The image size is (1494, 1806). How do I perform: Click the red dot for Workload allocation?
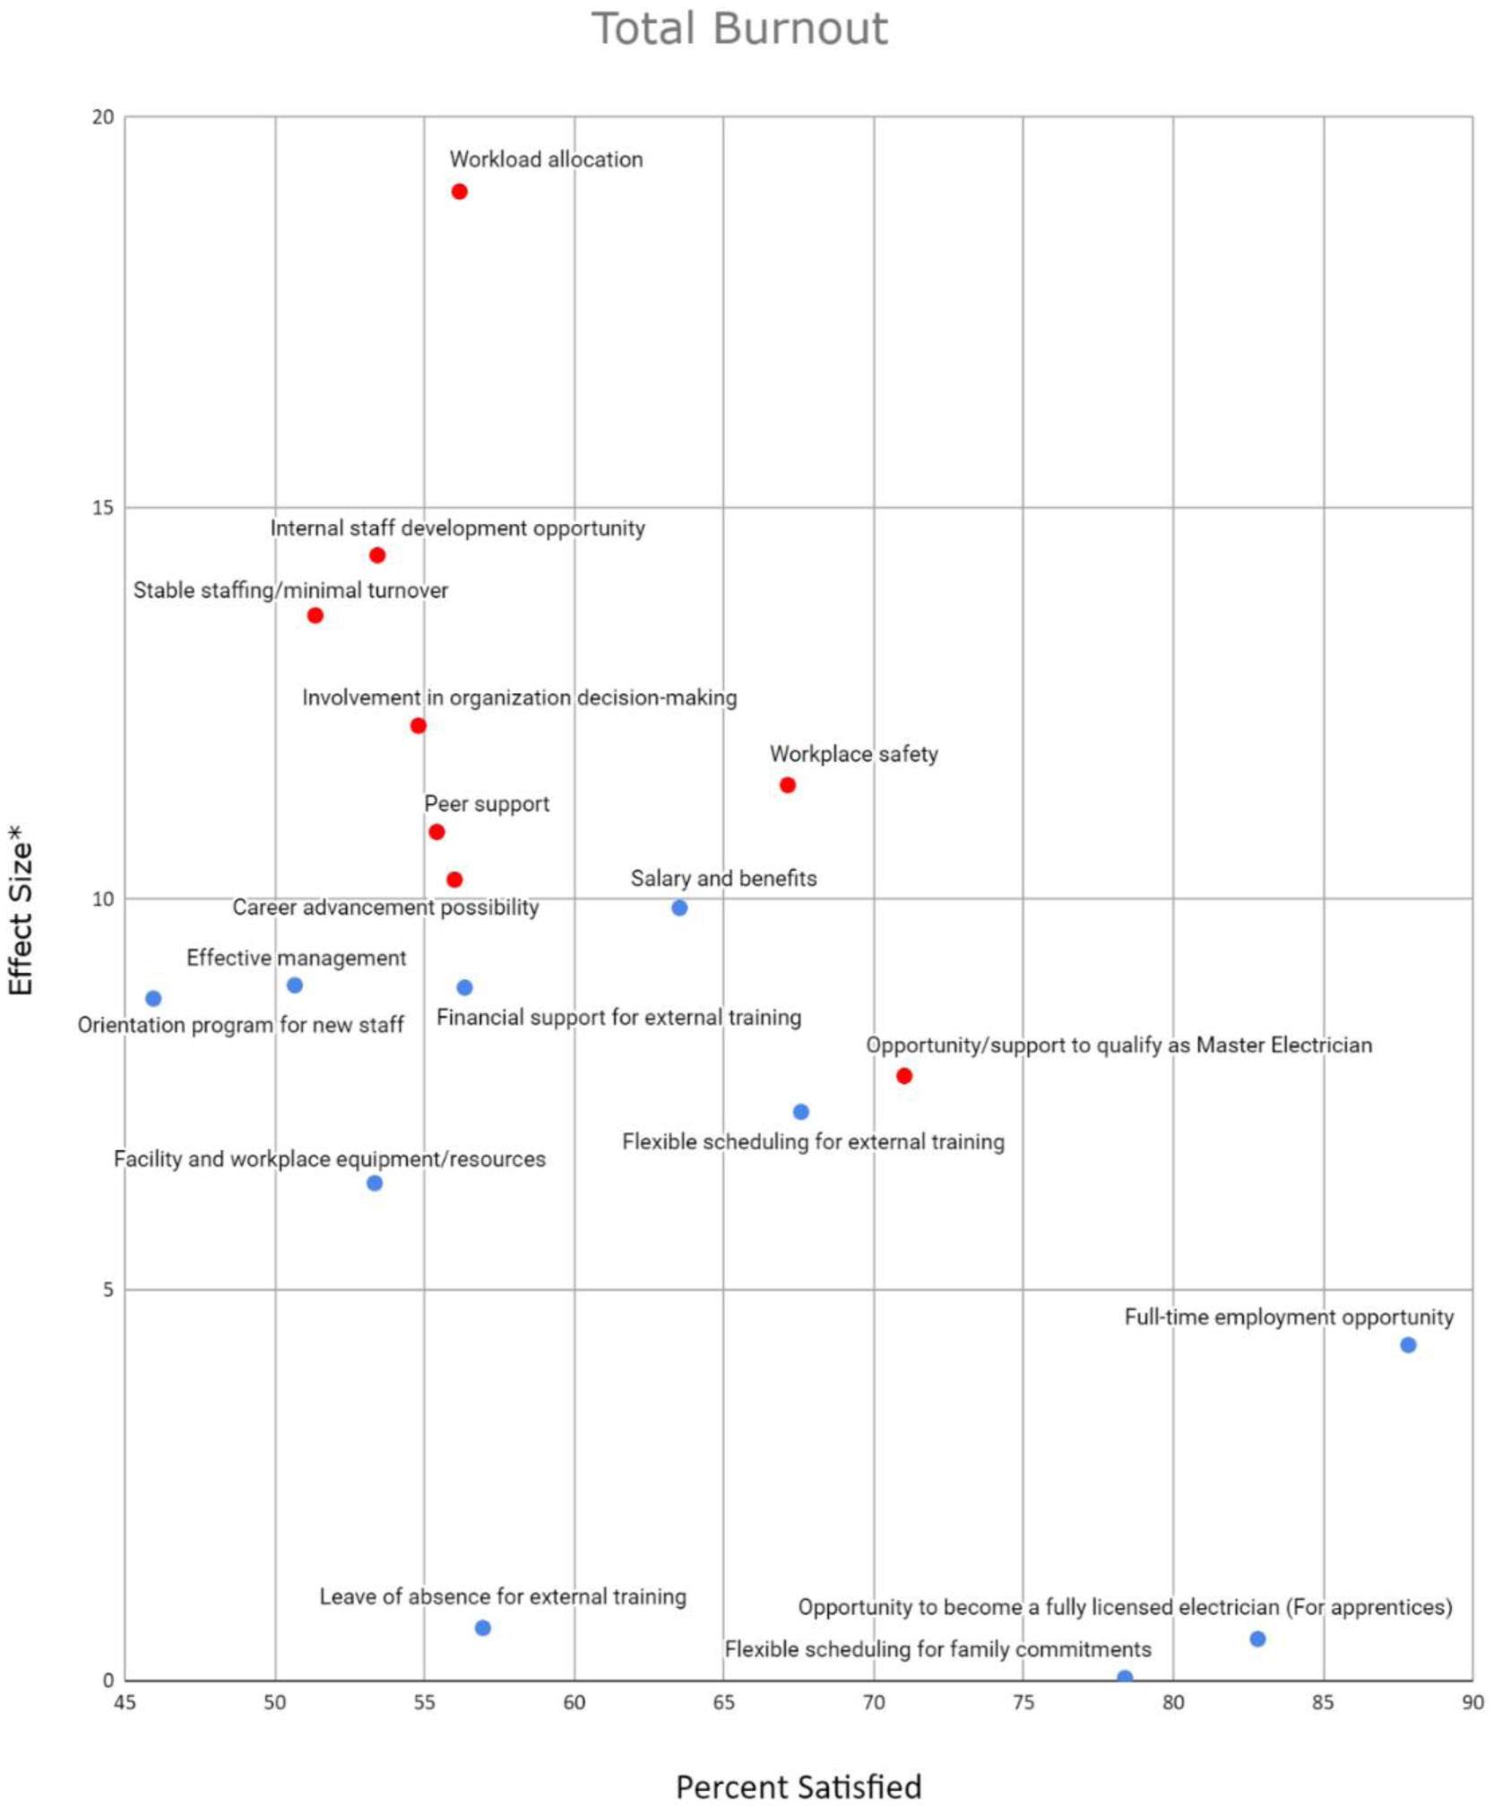point(459,192)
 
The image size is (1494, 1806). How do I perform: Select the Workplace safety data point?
point(787,785)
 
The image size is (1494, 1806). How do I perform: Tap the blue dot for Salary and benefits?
point(679,907)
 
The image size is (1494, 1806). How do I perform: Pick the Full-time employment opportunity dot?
point(1407,1345)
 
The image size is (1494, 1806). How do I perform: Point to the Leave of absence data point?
point(482,1628)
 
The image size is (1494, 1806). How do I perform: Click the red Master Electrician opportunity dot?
point(903,1075)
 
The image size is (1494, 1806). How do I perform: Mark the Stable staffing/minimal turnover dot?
point(315,615)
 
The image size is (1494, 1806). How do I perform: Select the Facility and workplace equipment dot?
point(375,1183)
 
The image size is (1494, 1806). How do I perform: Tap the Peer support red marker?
point(436,831)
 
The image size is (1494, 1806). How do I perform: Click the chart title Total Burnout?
point(739,29)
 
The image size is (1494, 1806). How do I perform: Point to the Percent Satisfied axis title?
point(798,1786)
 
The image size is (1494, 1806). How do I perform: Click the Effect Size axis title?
point(20,909)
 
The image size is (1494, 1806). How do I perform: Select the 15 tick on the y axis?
point(104,508)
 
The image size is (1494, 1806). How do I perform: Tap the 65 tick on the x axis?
point(723,1702)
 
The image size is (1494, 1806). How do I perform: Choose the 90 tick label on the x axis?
point(1472,1702)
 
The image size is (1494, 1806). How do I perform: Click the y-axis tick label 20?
point(104,117)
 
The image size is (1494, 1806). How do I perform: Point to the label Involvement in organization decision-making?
point(519,698)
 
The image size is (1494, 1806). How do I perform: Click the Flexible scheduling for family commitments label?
point(937,1649)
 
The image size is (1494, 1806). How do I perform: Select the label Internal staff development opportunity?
point(457,529)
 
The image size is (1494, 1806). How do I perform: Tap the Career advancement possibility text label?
point(385,907)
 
